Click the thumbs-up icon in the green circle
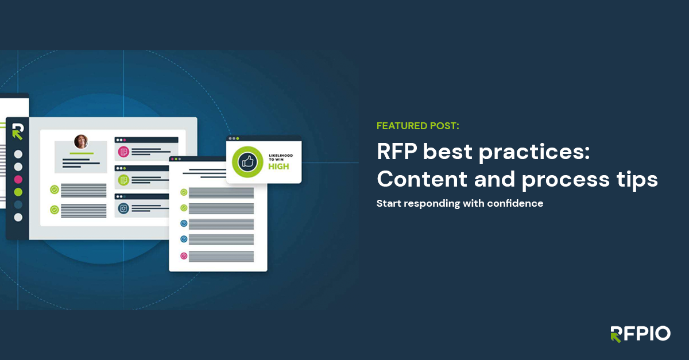coord(247,162)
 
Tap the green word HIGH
coord(278,167)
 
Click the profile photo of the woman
coord(81,141)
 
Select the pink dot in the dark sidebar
coord(18,179)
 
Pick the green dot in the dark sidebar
coord(18,192)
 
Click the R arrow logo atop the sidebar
coord(17,131)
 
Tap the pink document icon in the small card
coord(123,152)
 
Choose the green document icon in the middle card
coord(123,180)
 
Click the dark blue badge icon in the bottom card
coord(123,208)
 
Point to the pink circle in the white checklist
coord(184,256)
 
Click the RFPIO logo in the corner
coord(640,334)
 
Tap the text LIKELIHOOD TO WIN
coord(281,156)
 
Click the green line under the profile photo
coord(81,153)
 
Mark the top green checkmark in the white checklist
coord(184,192)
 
